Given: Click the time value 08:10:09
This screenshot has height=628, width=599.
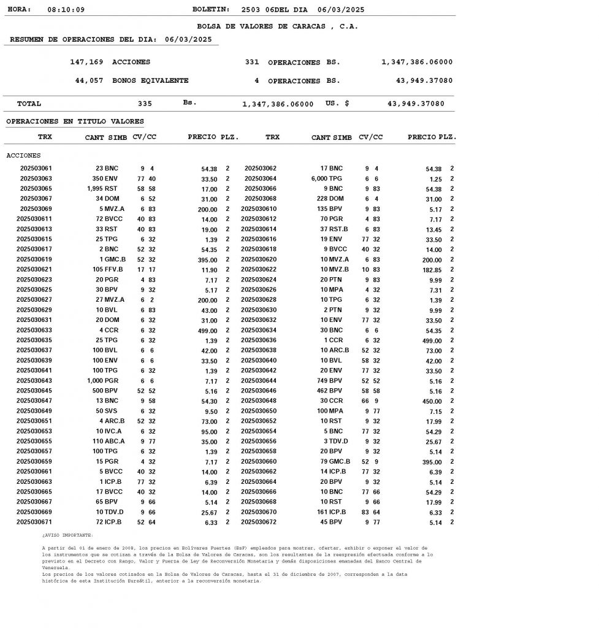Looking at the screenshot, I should pos(66,10).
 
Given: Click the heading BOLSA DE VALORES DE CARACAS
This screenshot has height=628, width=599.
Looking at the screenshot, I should pos(277,26).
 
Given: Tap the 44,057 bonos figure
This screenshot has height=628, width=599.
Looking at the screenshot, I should pos(89,81).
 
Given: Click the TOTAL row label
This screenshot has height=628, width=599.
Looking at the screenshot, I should pos(29,104).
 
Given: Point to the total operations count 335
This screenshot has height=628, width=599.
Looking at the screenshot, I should pos(145,104).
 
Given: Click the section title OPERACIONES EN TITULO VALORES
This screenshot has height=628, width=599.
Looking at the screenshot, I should pos(75,121).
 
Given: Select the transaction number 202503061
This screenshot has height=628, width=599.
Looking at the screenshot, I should pos(36,168).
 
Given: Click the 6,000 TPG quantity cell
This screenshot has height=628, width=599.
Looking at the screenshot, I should pos(326,178).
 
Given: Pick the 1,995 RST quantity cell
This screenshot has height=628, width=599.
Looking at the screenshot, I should pos(102,189).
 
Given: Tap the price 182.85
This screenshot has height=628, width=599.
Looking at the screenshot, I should pos(432,270).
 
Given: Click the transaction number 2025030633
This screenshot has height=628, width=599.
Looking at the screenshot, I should pos(34,330).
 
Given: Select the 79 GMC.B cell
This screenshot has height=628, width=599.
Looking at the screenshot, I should pos(335,462).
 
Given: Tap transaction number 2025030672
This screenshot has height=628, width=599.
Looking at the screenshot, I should pos(259,522).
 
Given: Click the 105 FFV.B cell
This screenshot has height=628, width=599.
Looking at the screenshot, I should pos(108,270).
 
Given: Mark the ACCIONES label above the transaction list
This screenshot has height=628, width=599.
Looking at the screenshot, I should pos(23,156).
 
